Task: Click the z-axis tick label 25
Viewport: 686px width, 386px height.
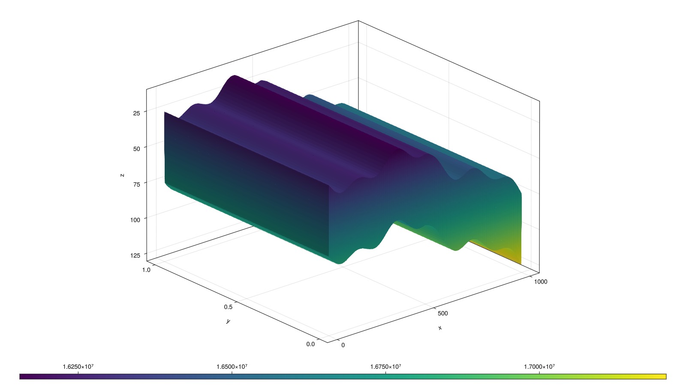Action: click(x=136, y=113)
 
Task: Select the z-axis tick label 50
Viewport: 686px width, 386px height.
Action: click(x=136, y=148)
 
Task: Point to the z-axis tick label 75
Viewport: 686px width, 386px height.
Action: click(x=136, y=184)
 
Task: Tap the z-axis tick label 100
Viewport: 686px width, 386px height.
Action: click(x=135, y=220)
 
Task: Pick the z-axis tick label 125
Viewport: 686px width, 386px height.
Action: click(x=135, y=255)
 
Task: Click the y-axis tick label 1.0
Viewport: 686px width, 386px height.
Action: click(x=146, y=270)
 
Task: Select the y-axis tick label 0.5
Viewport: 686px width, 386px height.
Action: click(x=228, y=307)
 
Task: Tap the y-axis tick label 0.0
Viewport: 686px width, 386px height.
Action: click(x=310, y=344)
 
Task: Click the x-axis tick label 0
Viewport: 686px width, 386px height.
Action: click(x=343, y=345)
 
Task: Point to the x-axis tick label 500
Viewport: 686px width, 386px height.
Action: click(x=442, y=314)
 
